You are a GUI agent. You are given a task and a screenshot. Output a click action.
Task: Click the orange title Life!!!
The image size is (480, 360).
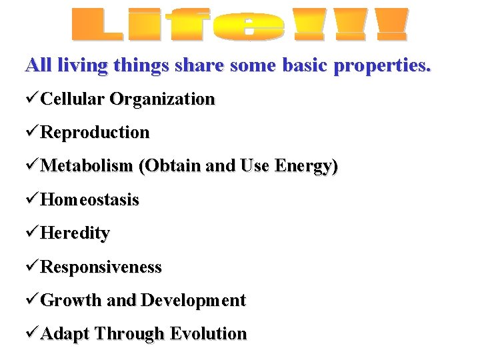(239, 25)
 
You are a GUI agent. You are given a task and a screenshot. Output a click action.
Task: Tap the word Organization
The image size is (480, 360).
(162, 99)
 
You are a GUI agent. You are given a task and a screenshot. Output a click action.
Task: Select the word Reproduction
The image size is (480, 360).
(95, 133)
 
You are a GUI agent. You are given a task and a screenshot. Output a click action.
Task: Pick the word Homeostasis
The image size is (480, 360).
(90, 199)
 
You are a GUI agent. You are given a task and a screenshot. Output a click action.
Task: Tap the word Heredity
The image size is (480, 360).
(75, 233)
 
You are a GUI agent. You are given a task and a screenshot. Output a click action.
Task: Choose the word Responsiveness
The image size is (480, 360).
(101, 267)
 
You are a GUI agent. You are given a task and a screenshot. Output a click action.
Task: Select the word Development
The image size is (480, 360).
(193, 300)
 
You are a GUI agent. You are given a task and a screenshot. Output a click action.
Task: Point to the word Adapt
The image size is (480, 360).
(65, 333)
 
